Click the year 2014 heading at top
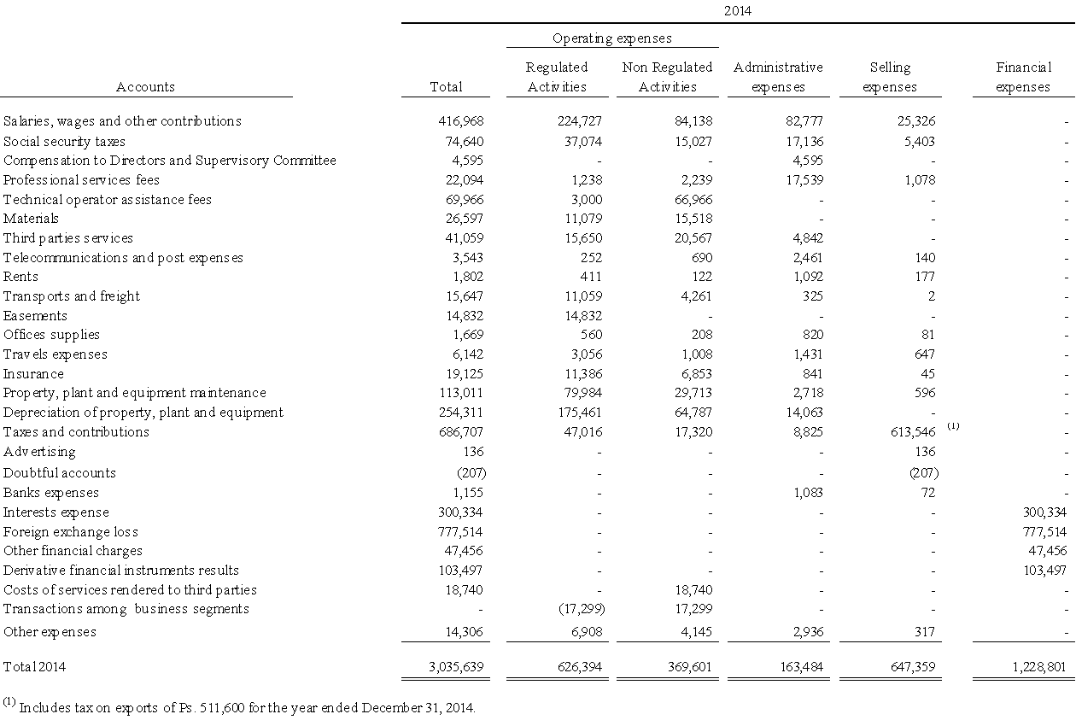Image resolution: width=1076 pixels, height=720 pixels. click(738, 11)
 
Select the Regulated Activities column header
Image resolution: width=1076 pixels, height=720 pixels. click(557, 77)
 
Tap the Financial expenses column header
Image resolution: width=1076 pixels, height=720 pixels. click(1023, 77)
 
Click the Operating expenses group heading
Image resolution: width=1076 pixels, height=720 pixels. click(611, 38)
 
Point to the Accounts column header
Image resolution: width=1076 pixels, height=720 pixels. click(145, 87)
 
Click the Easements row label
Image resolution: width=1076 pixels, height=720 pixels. click(35, 316)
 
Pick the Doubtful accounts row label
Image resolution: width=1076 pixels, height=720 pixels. click(59, 473)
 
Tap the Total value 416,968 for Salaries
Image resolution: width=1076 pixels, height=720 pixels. click(461, 121)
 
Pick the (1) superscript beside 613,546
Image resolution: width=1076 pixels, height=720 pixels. click(953, 425)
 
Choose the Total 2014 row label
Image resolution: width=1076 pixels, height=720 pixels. click(34, 666)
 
